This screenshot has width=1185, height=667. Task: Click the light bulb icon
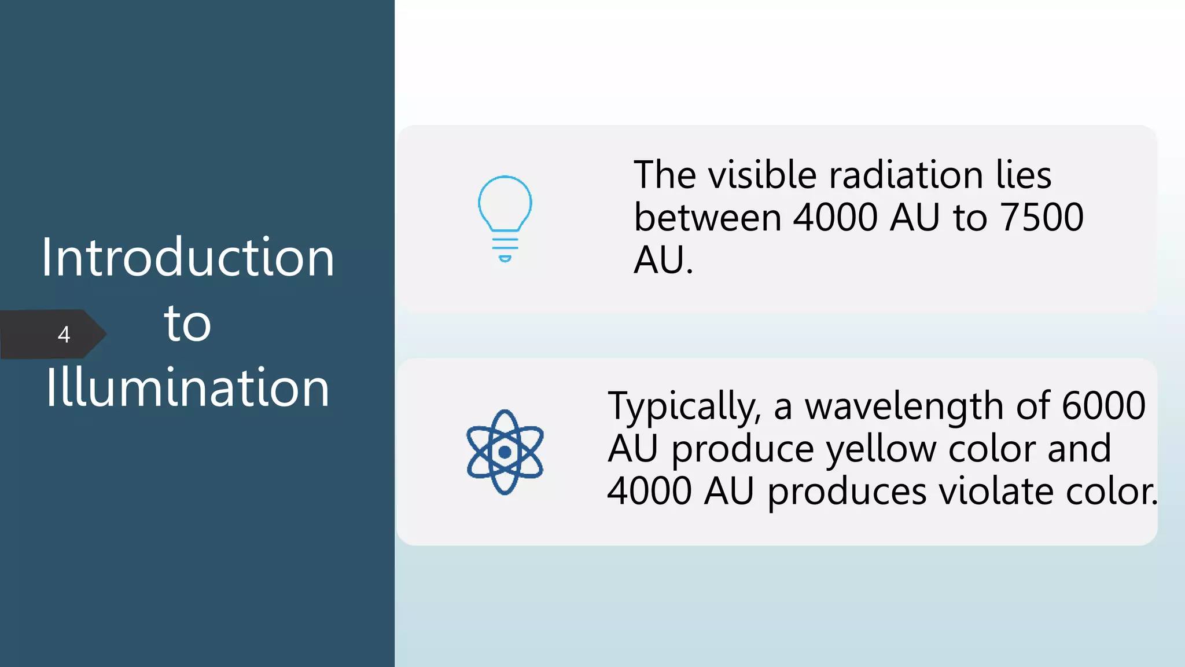[x=505, y=217]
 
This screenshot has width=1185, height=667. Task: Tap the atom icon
[x=505, y=452]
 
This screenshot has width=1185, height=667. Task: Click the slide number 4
[x=64, y=335]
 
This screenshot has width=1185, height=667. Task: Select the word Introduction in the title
[x=187, y=258]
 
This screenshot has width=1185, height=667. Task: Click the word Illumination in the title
[x=187, y=388]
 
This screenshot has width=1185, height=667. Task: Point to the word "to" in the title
[x=187, y=323]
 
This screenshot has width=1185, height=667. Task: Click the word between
[x=708, y=218]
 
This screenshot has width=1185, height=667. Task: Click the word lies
[x=1023, y=175]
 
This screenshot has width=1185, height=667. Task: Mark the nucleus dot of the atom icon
[x=505, y=452]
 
